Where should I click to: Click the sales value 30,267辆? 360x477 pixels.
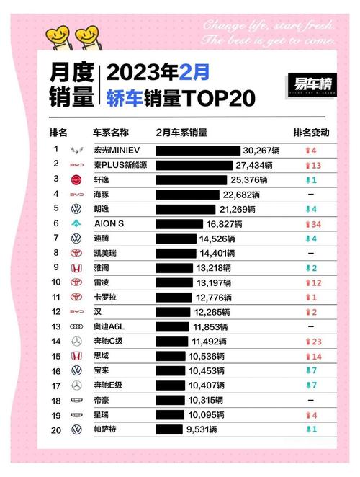[262, 150]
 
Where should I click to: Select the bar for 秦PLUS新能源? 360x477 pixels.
[195, 165]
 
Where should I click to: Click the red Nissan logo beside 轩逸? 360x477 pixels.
[76, 179]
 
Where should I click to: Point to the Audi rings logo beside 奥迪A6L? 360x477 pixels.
[76, 327]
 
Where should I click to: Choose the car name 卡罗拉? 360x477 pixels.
[107, 298]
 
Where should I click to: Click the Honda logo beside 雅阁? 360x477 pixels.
[76, 268]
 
